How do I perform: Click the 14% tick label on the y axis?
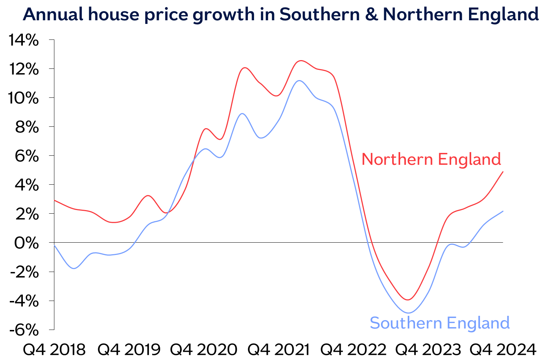(24, 41)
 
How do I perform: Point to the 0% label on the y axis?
(26, 243)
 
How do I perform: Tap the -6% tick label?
(24, 330)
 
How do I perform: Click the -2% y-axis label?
(24, 272)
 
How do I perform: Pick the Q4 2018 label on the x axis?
(54, 349)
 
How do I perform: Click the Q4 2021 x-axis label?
(278, 349)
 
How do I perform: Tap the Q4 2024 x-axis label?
(503, 349)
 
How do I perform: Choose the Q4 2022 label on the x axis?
(353, 349)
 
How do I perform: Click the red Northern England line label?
(431, 159)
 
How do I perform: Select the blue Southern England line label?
(440, 323)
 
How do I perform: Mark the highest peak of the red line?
(300, 60)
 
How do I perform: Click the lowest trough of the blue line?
(408, 313)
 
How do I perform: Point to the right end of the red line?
(503, 172)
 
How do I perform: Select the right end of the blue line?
(503, 211)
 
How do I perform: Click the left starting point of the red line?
(54, 200)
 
